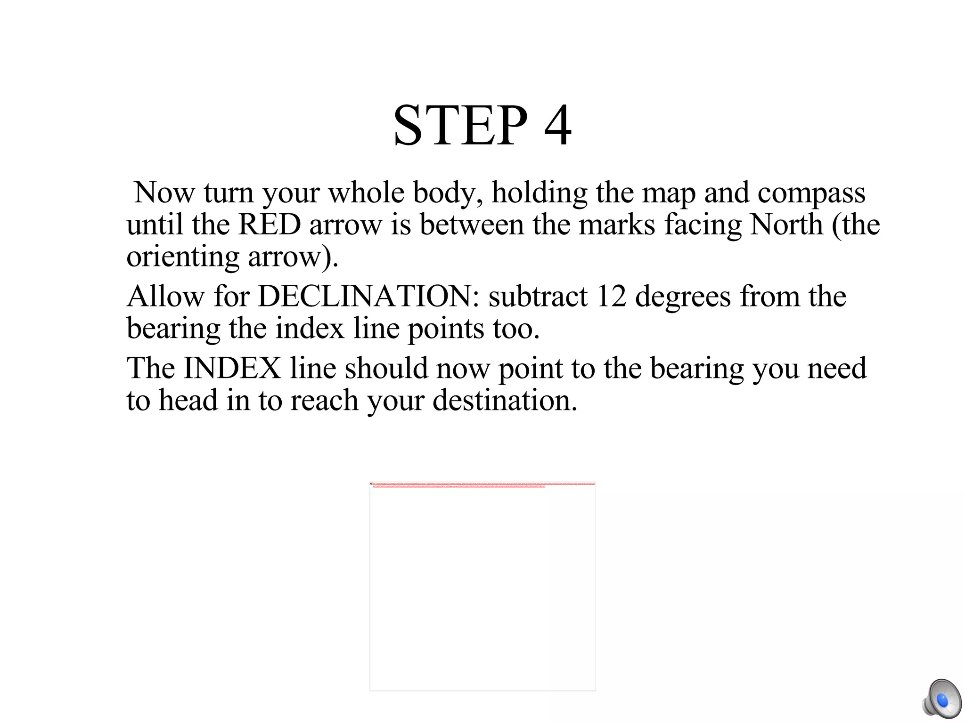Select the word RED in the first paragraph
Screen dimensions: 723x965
pos(270,225)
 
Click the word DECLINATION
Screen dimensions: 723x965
pos(368,297)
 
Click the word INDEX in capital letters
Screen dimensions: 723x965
pos(232,368)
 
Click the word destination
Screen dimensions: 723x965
pos(505,400)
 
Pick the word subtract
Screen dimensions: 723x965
pos(538,297)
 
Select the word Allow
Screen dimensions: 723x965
pos(165,297)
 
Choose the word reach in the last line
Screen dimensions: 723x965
pos(324,400)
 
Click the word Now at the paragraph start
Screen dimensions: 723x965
pos(164,193)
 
